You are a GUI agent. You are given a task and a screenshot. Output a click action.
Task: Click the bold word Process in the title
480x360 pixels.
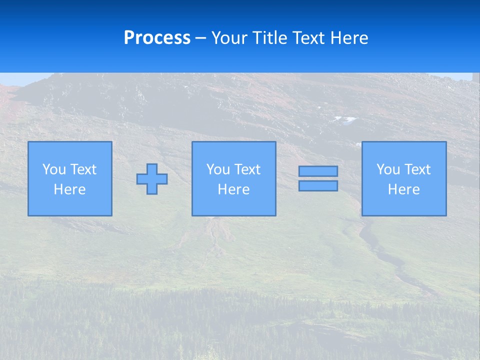point(157,38)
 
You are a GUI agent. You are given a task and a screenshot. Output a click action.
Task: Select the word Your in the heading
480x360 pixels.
point(230,38)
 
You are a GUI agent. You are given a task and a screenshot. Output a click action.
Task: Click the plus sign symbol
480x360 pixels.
point(152,179)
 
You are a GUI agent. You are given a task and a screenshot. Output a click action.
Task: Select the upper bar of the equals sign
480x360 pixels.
point(318,171)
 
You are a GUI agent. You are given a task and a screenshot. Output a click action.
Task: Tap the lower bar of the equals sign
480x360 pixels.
point(318,185)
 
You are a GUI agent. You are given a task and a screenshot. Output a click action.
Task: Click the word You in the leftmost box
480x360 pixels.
point(53,169)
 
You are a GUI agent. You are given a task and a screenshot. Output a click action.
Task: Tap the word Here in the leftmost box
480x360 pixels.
point(69,189)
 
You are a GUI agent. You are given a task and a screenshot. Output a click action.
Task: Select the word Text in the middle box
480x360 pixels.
point(247,169)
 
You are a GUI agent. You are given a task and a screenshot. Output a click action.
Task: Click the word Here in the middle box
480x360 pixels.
point(233,189)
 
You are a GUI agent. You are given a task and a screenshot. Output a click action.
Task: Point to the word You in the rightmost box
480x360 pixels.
point(388,169)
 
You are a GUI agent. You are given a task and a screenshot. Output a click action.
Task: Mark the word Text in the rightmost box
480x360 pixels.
point(417,169)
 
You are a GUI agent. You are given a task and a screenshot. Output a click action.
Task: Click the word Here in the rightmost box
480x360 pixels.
point(404,189)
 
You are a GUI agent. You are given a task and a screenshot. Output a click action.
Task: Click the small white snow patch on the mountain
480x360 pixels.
point(345,119)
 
